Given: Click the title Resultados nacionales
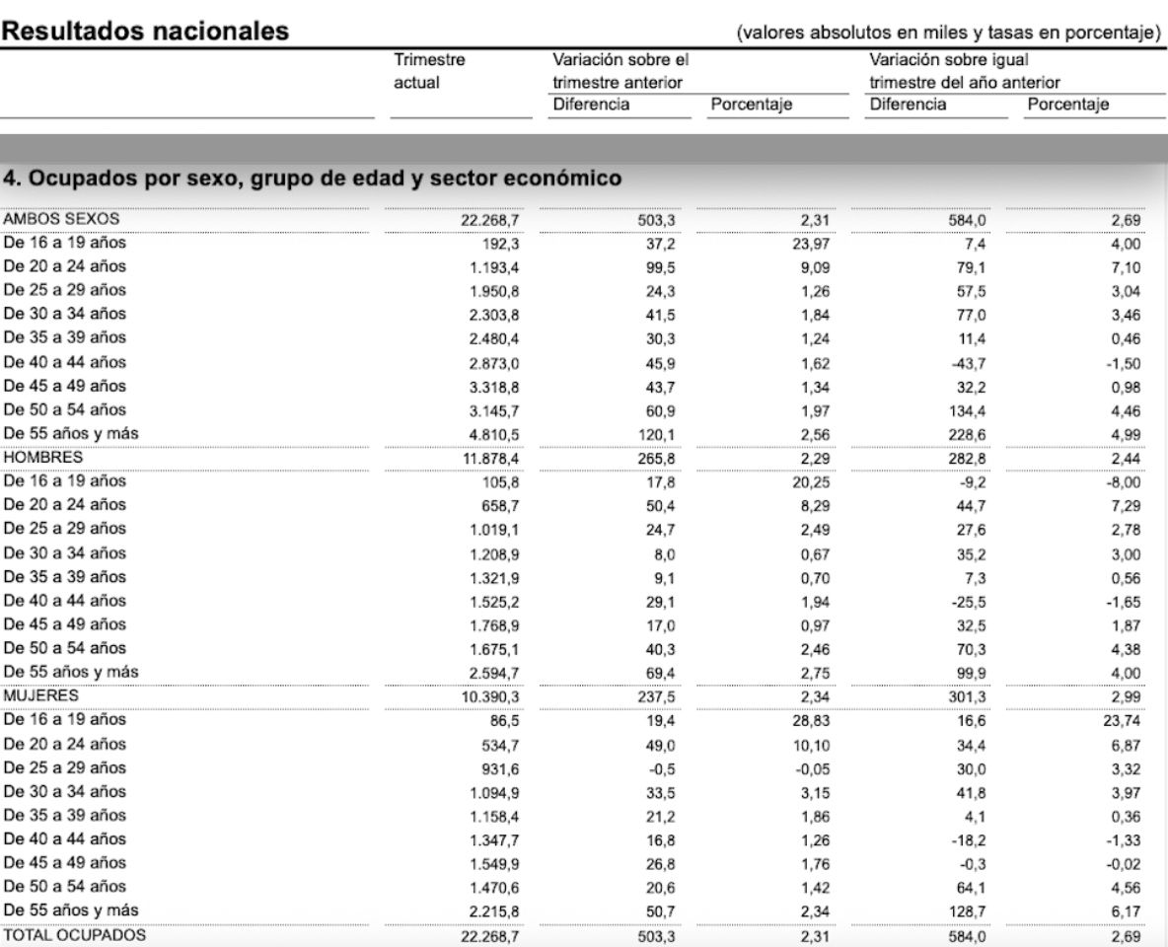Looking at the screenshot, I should [147, 32].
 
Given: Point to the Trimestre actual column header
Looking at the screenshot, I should [429, 71].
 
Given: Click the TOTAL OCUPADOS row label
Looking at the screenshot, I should [74, 934].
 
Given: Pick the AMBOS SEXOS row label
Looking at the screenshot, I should [61, 219].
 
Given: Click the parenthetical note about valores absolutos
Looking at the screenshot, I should [948, 33].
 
